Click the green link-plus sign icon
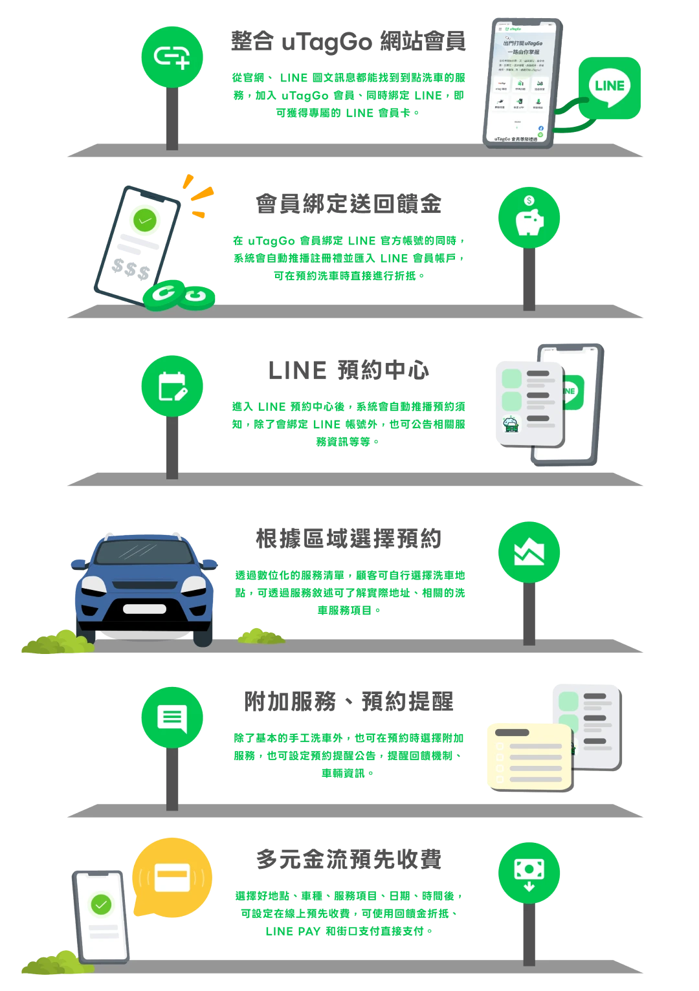[172, 57]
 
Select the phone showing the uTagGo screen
[520, 82]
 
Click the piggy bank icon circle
[529, 217]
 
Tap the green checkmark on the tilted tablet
[146, 220]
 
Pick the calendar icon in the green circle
[172, 386]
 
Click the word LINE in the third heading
[297, 370]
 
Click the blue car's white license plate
[144, 609]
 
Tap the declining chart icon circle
[529, 552]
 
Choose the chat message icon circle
[172, 717]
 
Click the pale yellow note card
[530, 757]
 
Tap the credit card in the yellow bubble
[172, 877]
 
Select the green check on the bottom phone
[101, 904]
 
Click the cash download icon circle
[529, 873]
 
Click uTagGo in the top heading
[326, 42]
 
